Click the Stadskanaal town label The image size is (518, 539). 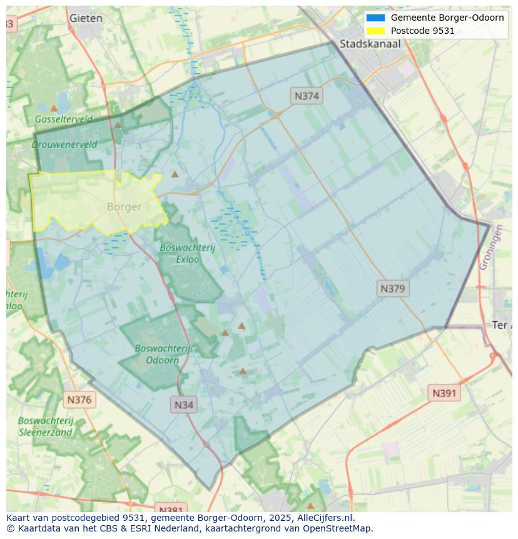pyautogui.click(x=370, y=44)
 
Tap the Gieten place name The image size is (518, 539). pyautogui.click(x=86, y=18)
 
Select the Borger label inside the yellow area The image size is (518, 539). pyautogui.click(x=124, y=207)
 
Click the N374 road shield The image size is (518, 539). pyautogui.click(x=307, y=96)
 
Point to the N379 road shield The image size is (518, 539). pyautogui.click(x=393, y=289)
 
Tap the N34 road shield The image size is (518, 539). pyautogui.click(x=183, y=404)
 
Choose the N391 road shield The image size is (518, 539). pyautogui.click(x=444, y=393)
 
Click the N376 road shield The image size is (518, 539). pyautogui.click(x=79, y=399)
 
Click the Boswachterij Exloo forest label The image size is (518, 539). pyautogui.click(x=187, y=253)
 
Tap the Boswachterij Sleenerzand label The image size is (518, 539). pyautogui.click(x=45, y=426)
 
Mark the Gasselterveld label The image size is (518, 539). pyautogui.click(x=63, y=119)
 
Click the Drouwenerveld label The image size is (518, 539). pyautogui.click(x=64, y=144)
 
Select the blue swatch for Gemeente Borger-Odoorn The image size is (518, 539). pyautogui.click(x=375, y=18)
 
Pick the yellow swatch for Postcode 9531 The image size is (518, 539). pyautogui.click(x=375, y=31)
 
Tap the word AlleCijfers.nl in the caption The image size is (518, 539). pyautogui.click(x=323, y=518)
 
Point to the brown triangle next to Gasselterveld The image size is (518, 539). pyautogui.click(x=54, y=108)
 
